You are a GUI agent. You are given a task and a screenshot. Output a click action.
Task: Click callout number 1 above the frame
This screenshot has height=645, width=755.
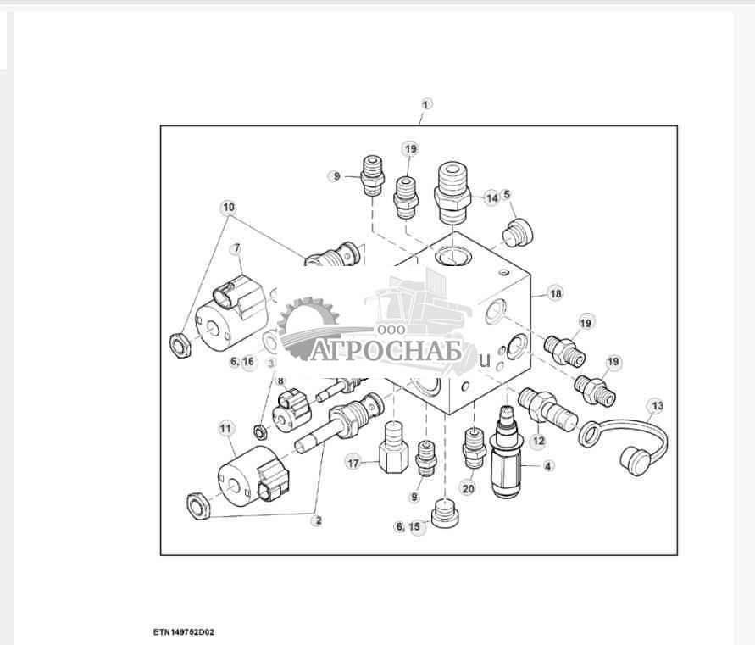point(425,104)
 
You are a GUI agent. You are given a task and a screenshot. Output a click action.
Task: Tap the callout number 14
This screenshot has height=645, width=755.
point(491,197)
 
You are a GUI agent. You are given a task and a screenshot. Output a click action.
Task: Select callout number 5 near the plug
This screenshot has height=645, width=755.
point(507,194)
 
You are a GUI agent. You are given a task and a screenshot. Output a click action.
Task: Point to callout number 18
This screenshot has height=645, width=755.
point(556,293)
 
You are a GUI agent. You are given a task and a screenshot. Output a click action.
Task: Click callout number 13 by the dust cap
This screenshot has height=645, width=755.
point(658,406)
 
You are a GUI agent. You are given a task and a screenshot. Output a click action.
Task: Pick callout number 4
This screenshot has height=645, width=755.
point(548,466)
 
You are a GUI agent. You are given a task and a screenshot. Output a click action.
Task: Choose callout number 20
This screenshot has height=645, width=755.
point(468,488)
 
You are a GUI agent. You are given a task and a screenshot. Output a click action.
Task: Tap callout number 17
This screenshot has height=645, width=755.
point(353,463)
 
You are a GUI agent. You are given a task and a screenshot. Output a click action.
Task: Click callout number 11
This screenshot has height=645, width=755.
point(225,428)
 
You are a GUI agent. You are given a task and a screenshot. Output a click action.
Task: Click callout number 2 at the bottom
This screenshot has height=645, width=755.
point(318,520)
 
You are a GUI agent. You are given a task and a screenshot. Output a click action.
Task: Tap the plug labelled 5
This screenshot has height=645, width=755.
point(518,233)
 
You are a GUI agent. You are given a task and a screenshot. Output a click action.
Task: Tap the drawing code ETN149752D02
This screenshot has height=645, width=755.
point(184,632)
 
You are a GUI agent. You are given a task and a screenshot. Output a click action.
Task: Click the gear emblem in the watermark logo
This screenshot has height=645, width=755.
point(308,327)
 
